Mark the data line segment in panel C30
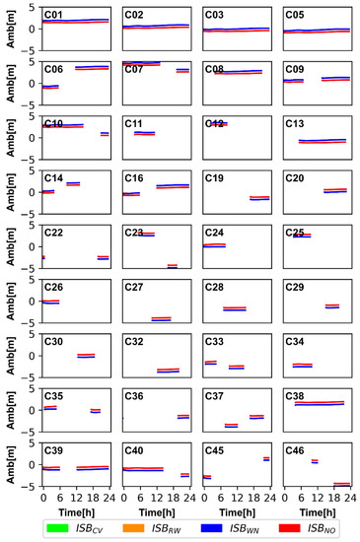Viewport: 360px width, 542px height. (86, 355)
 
